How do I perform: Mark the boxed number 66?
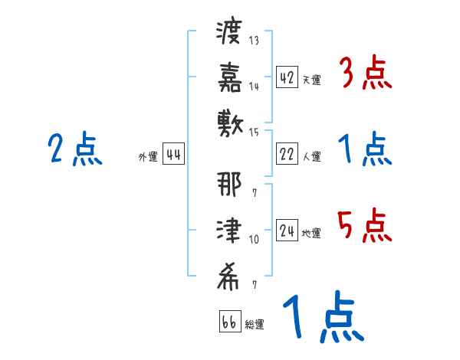point(229,322)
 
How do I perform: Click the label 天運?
point(312,80)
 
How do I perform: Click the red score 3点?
point(365,75)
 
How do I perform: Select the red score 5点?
point(365,227)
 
